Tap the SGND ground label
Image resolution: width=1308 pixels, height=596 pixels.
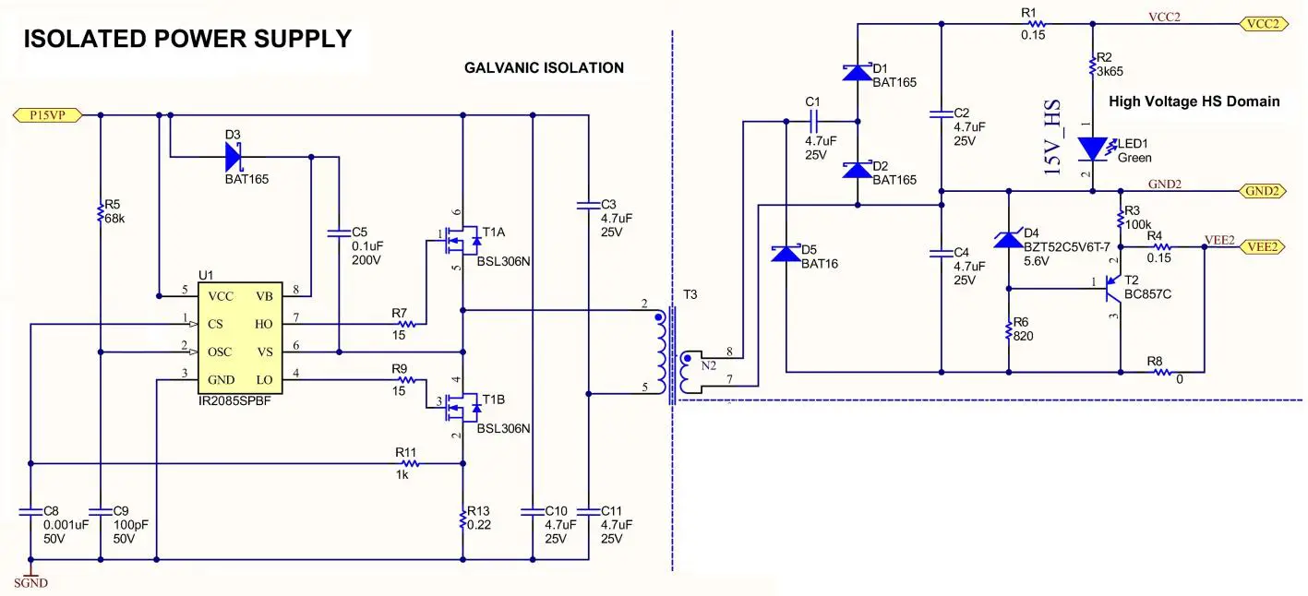(x=30, y=582)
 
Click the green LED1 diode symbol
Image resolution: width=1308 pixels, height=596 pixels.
(x=1093, y=148)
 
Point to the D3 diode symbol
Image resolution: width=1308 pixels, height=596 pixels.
(x=234, y=158)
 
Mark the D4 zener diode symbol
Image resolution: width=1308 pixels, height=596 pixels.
(x=1007, y=241)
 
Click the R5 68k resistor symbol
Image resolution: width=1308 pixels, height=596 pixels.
(x=100, y=213)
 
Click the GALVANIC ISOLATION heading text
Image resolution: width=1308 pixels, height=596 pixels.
(x=544, y=67)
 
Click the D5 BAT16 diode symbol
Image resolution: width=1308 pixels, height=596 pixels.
(x=785, y=254)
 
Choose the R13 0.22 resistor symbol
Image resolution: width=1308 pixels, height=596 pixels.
(x=462, y=519)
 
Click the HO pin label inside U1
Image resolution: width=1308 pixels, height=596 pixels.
(x=264, y=324)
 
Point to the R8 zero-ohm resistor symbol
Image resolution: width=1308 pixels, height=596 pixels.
(x=1163, y=372)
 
